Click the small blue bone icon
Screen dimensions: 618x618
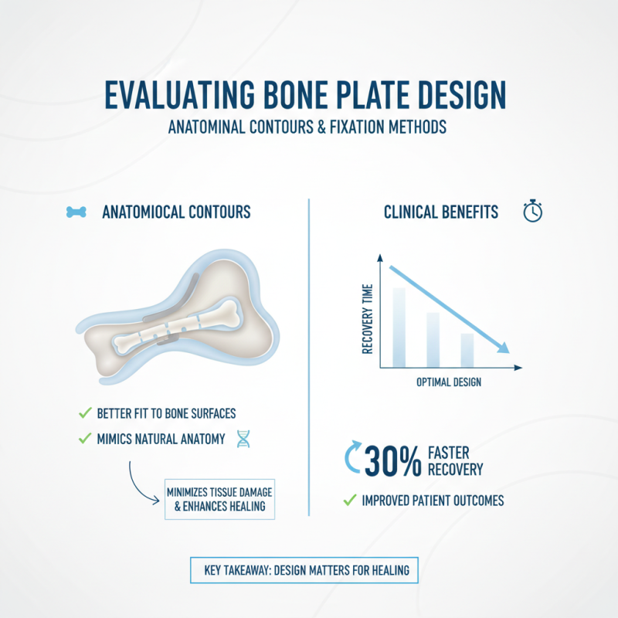(76, 212)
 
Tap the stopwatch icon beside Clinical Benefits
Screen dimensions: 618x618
(533, 212)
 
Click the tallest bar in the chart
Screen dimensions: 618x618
(399, 328)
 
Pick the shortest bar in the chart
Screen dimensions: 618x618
(467, 350)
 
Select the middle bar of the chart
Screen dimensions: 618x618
(433, 340)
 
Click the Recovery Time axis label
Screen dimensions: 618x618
(367, 317)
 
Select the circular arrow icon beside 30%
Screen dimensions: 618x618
(352, 460)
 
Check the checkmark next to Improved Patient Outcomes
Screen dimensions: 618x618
(348, 501)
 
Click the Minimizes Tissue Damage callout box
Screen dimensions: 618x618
(219, 499)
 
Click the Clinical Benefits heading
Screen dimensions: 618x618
(441, 212)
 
